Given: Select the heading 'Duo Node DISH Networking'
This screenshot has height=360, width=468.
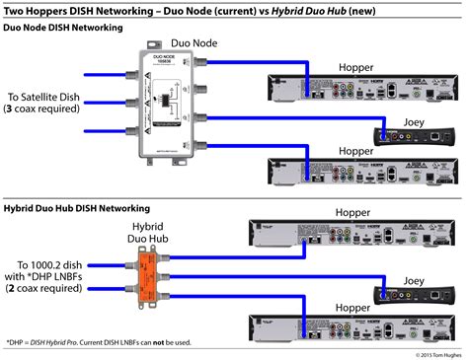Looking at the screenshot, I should (63, 28).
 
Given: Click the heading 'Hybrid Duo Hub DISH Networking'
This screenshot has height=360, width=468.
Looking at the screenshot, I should (76, 209).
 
